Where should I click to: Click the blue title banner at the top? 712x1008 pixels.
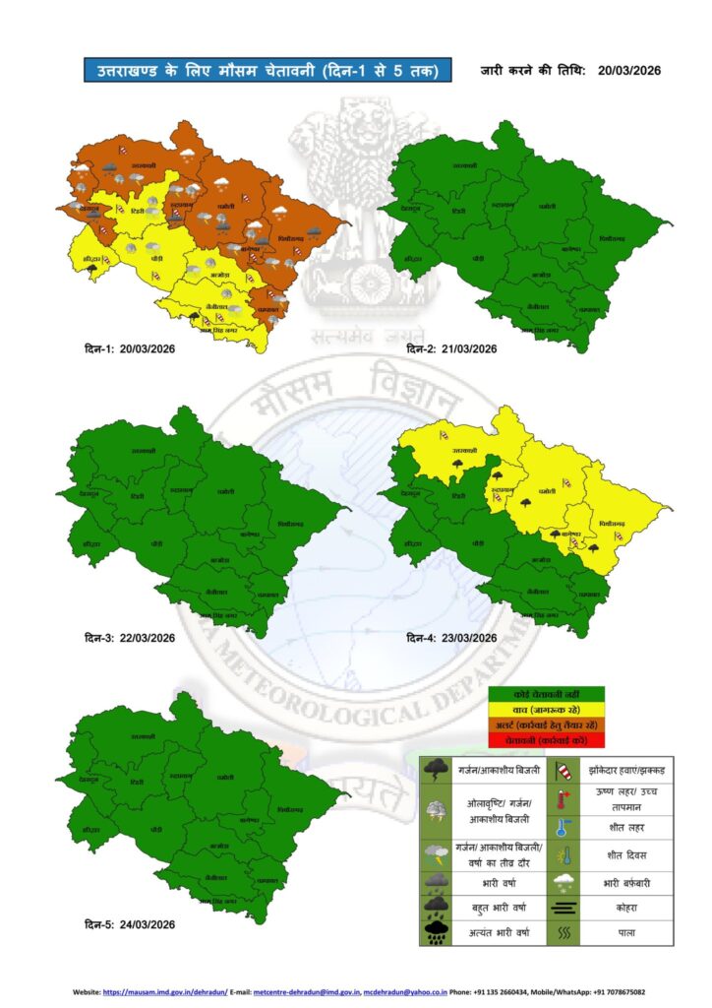click(267, 71)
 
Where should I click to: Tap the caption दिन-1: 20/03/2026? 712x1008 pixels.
click(129, 350)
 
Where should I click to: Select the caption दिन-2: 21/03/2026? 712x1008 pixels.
click(451, 349)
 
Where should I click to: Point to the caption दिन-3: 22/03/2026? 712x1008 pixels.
click(129, 638)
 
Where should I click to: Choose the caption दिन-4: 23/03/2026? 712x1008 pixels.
click(451, 638)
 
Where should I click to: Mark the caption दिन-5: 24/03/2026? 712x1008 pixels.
click(129, 924)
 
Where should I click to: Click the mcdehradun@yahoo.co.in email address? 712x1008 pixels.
click(405, 992)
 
